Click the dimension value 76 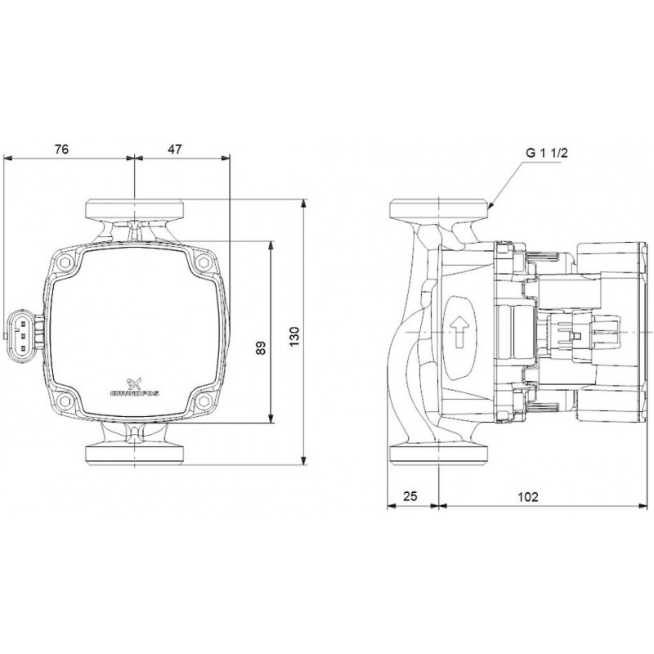(61, 149)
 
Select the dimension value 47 (175, 149)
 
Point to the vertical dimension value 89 (261, 347)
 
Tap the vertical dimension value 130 (294, 337)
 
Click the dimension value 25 (410, 496)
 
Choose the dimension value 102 (528, 497)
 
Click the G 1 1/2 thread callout (547, 153)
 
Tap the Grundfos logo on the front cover (134, 387)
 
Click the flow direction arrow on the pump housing (459, 332)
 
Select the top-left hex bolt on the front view (65, 262)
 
